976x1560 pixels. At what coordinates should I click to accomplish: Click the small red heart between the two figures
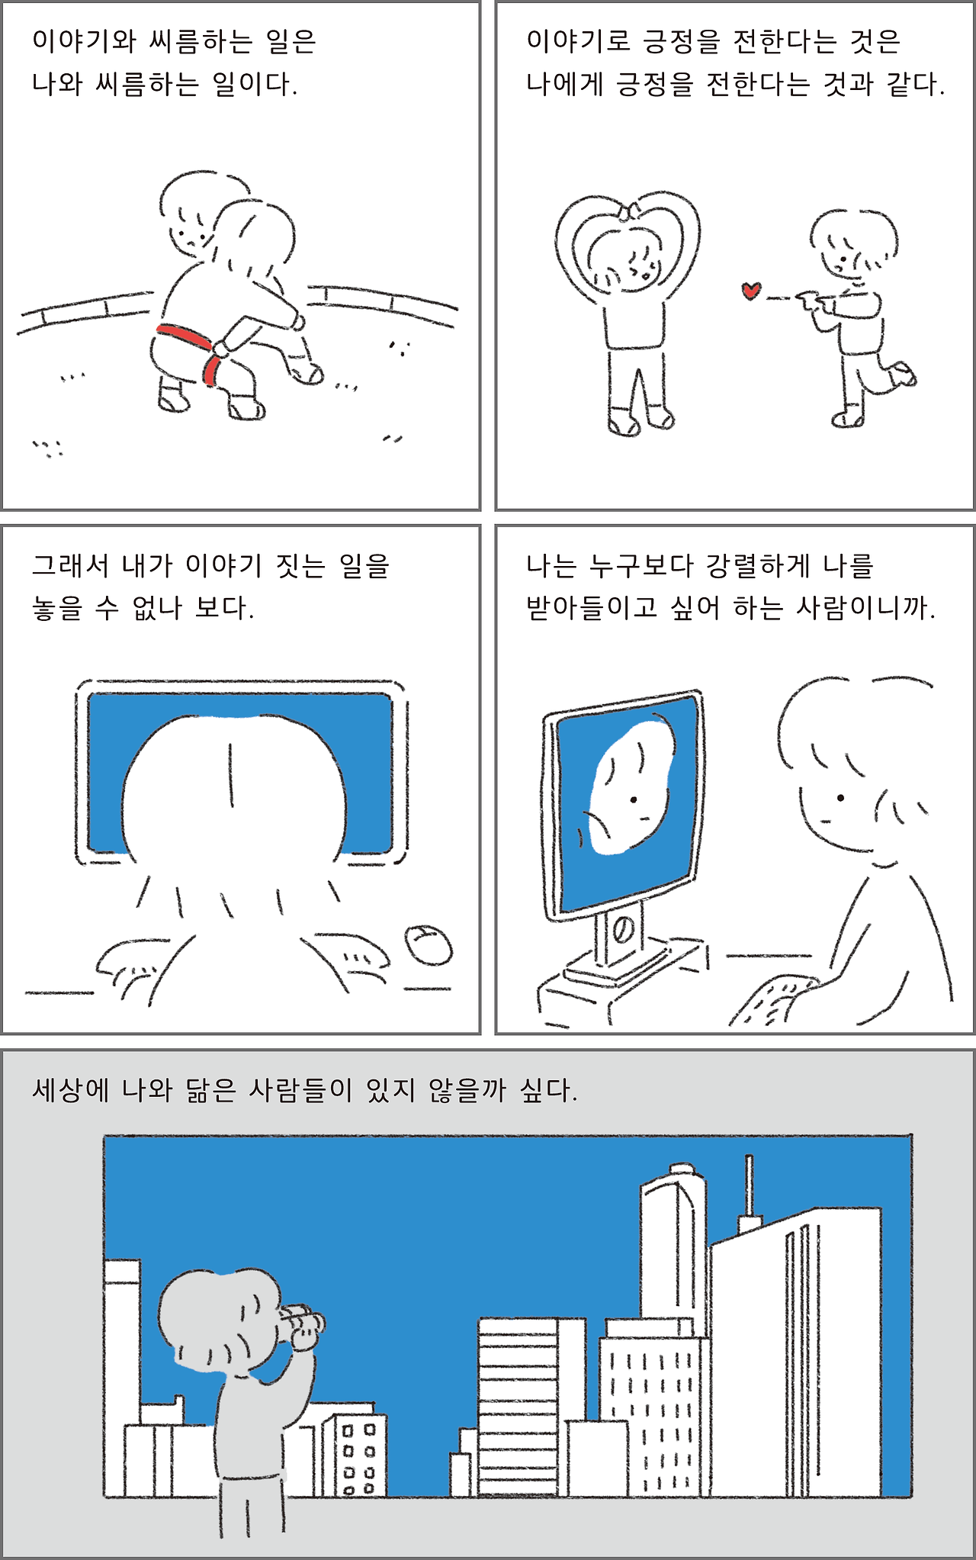[x=751, y=291]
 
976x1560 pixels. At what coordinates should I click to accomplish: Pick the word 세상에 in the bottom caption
[x=71, y=1090]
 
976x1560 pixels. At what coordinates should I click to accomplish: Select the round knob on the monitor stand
[x=622, y=930]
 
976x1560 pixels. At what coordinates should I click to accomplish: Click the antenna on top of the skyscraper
[x=749, y=1186]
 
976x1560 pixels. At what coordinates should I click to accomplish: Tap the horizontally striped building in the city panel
[x=518, y=1404]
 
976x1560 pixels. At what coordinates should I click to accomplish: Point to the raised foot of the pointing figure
[x=905, y=374]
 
